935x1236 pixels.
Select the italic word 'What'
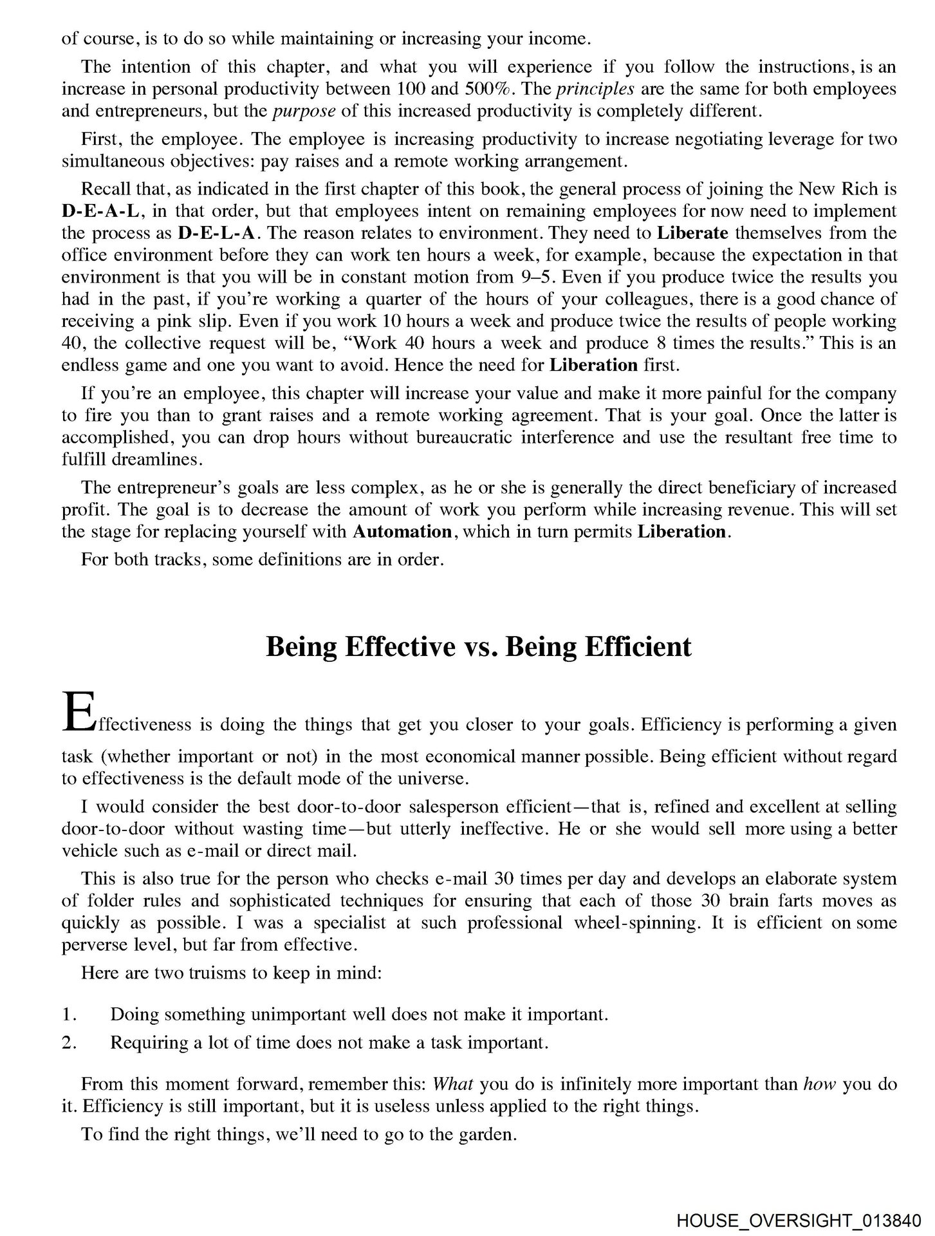point(454,1083)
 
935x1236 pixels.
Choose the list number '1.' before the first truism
point(69,1015)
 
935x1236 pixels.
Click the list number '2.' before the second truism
point(69,1042)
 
